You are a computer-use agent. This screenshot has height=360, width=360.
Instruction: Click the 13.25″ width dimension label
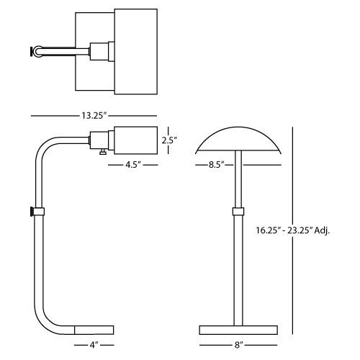(x=94, y=116)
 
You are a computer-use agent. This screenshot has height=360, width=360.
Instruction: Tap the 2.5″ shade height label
(x=169, y=140)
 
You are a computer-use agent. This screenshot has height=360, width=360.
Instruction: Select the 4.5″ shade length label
(x=132, y=165)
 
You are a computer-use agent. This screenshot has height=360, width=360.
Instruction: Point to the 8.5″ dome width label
(x=216, y=165)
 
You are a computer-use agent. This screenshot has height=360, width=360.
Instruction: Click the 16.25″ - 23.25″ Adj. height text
(x=292, y=230)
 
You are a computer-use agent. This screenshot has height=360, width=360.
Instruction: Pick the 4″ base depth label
(x=94, y=345)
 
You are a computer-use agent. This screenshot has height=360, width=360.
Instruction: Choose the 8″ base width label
(x=238, y=345)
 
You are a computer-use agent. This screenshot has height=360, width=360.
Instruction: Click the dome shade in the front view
(x=238, y=139)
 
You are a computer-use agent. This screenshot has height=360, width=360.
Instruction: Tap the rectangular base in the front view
(x=238, y=330)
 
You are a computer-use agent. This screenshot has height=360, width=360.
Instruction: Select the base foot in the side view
(x=94, y=330)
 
